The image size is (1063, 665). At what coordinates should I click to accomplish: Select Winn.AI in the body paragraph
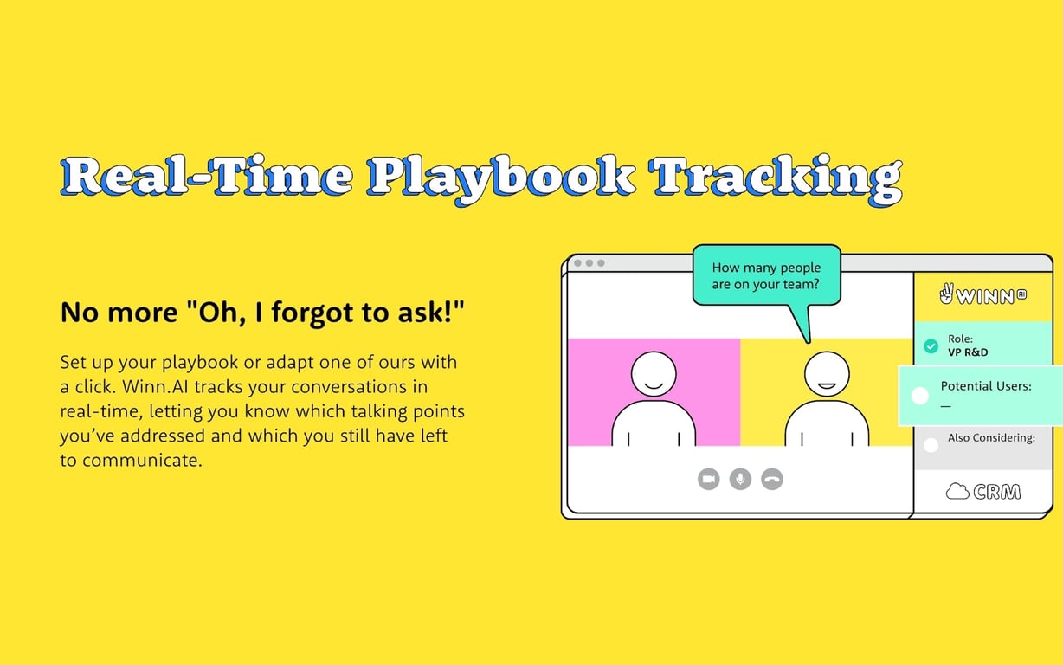click(155, 386)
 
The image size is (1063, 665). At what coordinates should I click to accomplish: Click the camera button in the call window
click(708, 479)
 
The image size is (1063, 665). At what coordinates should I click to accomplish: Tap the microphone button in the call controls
click(740, 479)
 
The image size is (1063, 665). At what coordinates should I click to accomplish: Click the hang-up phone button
click(772, 479)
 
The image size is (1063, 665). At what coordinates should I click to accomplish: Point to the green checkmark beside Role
click(931, 346)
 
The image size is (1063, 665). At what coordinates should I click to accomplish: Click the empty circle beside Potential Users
click(919, 396)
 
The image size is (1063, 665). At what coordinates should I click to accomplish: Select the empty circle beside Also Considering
click(931, 445)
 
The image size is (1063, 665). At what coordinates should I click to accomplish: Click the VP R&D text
click(968, 352)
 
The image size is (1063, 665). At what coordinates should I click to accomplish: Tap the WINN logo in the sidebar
click(983, 295)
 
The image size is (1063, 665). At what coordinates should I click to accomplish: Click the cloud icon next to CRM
click(957, 491)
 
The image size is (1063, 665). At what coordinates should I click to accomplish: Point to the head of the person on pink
click(654, 374)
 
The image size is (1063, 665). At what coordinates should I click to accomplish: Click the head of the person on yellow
click(828, 374)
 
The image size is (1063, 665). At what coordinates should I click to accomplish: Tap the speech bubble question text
click(766, 275)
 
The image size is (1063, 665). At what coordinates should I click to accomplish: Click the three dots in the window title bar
click(589, 263)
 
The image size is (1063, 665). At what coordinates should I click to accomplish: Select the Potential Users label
click(986, 386)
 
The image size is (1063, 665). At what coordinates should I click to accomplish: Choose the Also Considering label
click(991, 437)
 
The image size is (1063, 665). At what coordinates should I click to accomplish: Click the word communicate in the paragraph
click(142, 460)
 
